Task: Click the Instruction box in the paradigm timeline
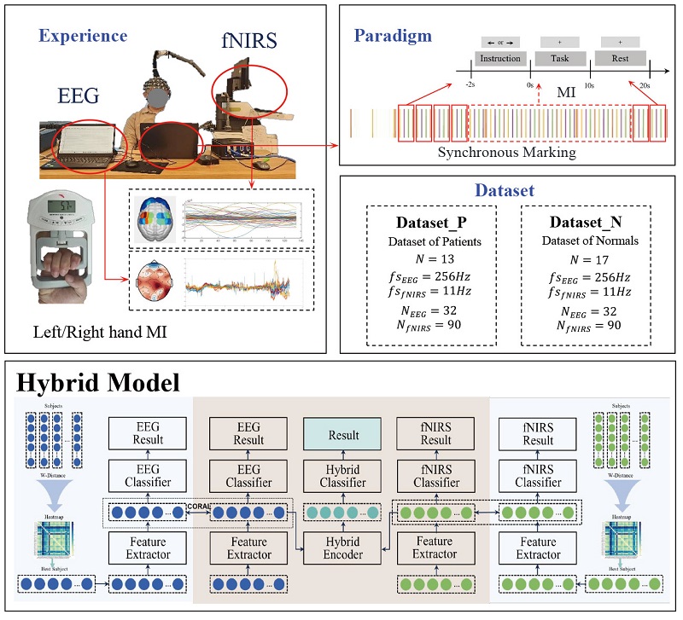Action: pos(500,59)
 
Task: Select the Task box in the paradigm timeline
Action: pos(560,59)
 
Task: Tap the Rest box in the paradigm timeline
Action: pos(620,59)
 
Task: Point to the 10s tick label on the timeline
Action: pos(589,85)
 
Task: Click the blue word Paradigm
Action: pos(393,36)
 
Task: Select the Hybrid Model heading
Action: pos(96,382)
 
